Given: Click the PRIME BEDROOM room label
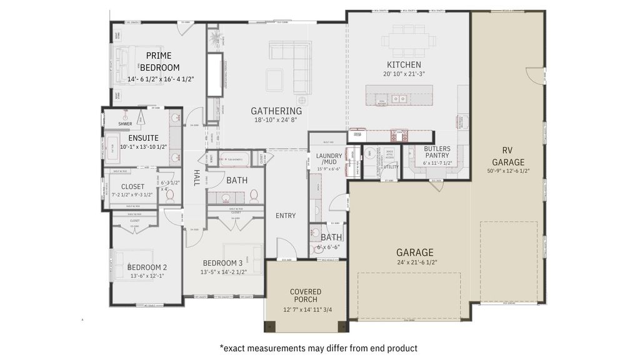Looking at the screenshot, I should [x=159, y=62].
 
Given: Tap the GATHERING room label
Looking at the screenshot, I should [x=276, y=111].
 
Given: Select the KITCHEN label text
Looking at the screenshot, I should [x=404, y=65].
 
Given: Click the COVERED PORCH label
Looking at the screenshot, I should [x=306, y=296].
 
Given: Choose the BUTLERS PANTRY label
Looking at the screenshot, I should [x=437, y=153].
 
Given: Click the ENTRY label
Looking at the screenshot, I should [x=286, y=216].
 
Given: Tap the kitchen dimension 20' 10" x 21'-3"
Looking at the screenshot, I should [x=404, y=74].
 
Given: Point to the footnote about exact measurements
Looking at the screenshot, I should [x=318, y=348].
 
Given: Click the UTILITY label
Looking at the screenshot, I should [x=391, y=167].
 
